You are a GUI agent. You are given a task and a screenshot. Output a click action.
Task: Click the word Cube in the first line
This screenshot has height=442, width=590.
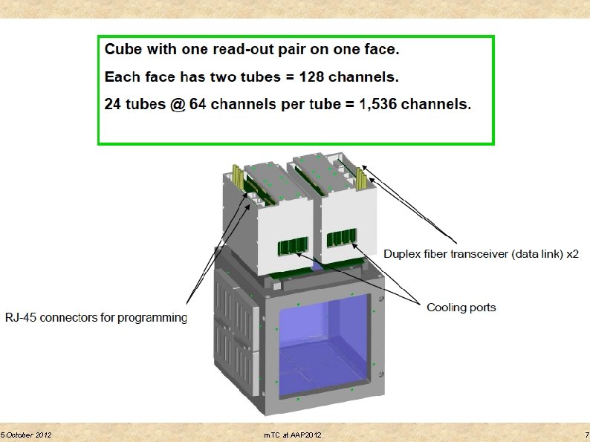pyautogui.click(x=123, y=51)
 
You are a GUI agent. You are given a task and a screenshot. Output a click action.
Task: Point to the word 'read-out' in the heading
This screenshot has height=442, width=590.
pyautogui.click(x=242, y=51)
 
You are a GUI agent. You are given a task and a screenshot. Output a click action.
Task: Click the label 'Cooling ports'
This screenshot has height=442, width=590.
pyautogui.click(x=461, y=307)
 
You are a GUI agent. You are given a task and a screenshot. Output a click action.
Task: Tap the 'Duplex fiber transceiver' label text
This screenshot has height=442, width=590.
pyautogui.click(x=465, y=254)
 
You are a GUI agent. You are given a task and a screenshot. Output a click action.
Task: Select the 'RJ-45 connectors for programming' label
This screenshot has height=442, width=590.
pyautogui.click(x=97, y=318)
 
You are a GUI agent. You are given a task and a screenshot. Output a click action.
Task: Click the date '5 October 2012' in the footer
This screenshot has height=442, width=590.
pyautogui.click(x=26, y=434)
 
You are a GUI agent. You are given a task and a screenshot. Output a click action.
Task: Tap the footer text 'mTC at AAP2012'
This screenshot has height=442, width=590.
pyautogui.click(x=293, y=434)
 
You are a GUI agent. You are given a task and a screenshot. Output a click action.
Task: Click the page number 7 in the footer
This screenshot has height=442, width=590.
pyautogui.click(x=586, y=434)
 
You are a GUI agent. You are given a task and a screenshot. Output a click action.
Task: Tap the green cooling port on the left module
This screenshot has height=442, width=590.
pyautogui.click(x=292, y=247)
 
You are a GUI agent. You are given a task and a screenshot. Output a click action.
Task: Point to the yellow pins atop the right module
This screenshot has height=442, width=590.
pyautogui.click(x=362, y=178)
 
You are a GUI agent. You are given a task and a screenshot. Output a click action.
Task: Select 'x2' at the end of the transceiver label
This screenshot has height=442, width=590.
pyautogui.click(x=572, y=254)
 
